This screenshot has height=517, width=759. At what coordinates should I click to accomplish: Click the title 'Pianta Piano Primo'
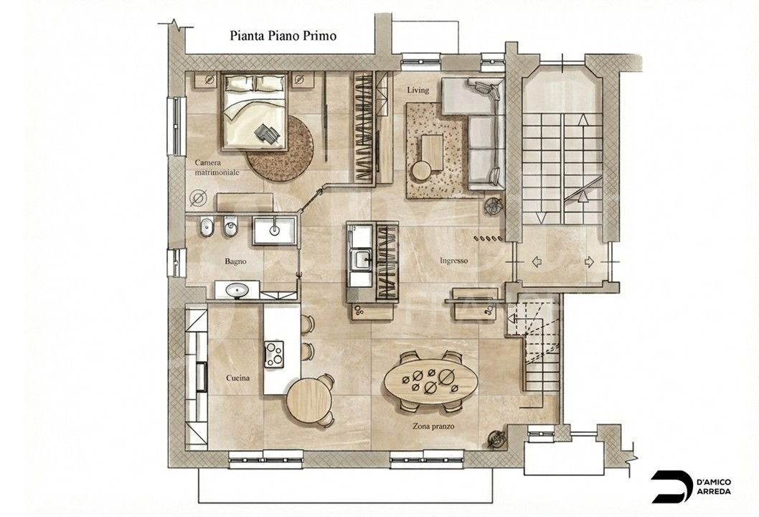pyautogui.click(x=283, y=36)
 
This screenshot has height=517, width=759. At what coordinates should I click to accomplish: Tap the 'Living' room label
pyautogui.click(x=418, y=90)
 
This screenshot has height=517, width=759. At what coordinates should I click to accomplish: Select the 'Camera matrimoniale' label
pyautogui.click(x=217, y=167)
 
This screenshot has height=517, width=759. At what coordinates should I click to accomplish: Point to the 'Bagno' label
pyautogui.click(x=235, y=261)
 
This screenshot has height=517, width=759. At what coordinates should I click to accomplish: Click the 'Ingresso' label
pyautogui.click(x=453, y=261)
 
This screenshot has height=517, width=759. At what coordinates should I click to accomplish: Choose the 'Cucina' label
pyautogui.click(x=237, y=378)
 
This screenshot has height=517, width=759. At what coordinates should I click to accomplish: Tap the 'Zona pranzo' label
pyautogui.click(x=433, y=427)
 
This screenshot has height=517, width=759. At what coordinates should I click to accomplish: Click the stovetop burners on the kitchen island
pyautogui.click(x=275, y=354)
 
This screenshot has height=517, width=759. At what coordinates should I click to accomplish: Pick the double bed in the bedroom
pyautogui.click(x=255, y=111)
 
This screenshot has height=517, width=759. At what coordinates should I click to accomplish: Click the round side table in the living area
pyautogui.click(x=421, y=171)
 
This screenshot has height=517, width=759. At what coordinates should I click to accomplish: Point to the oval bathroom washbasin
pyautogui.click(x=237, y=290)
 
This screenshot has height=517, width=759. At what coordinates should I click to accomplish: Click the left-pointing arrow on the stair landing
pyautogui.click(x=537, y=262)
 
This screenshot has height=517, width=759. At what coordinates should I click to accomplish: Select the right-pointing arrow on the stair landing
pyautogui.click(x=589, y=262)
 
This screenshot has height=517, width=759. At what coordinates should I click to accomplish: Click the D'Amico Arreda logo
pyautogui.click(x=691, y=486)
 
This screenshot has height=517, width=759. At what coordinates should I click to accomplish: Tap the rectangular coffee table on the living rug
pyautogui.click(x=433, y=152)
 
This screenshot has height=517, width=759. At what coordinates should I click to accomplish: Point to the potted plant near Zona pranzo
pyautogui.click(x=496, y=439)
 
